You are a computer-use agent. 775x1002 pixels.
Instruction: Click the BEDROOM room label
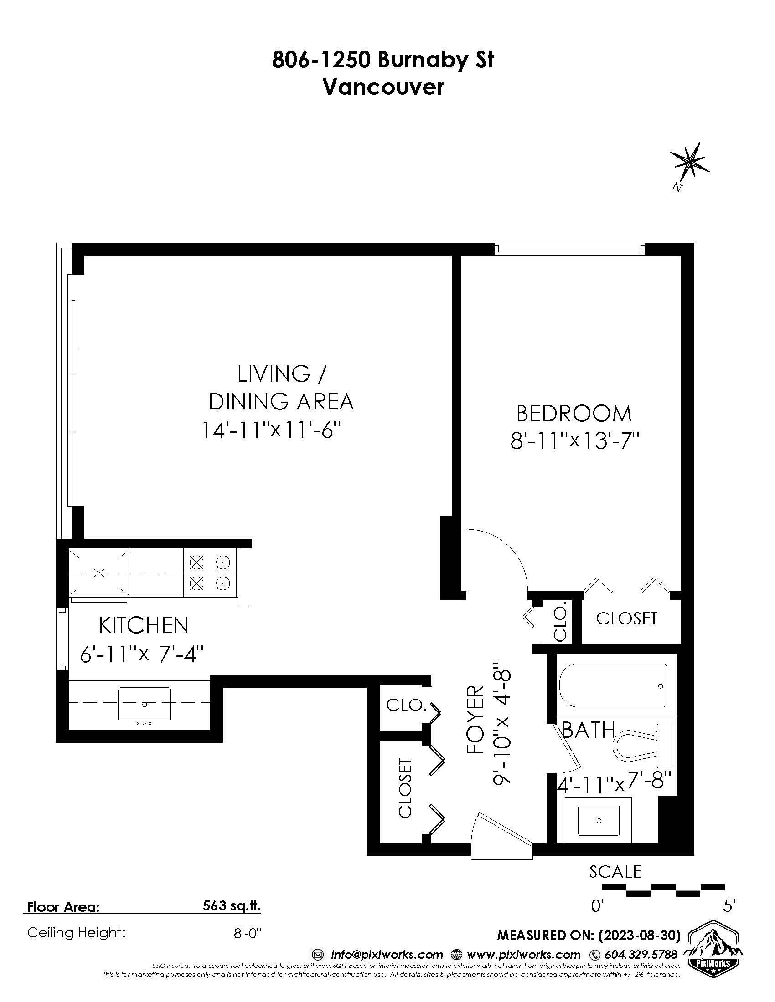pyautogui.click(x=574, y=414)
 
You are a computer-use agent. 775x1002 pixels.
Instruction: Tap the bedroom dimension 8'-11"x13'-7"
pyautogui.click(x=575, y=442)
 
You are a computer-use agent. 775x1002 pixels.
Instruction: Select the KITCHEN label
pyautogui.click(x=144, y=625)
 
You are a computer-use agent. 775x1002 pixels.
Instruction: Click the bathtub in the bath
pyautogui.click(x=613, y=686)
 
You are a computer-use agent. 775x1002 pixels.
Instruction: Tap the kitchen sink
pyautogui.click(x=144, y=704)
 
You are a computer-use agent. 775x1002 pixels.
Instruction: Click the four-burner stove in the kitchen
pyautogui.click(x=210, y=573)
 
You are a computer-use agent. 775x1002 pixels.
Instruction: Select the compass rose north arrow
pyautogui.click(x=689, y=163)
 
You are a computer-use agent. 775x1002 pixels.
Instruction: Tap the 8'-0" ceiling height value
pyautogui.click(x=247, y=933)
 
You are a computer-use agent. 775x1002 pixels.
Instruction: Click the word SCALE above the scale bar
pyautogui.click(x=615, y=872)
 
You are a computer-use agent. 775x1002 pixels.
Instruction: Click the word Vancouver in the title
pyautogui.click(x=383, y=87)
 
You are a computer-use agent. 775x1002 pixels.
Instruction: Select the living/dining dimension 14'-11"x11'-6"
pyautogui.click(x=273, y=430)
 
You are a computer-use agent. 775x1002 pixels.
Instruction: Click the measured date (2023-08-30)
pyautogui.click(x=647, y=935)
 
